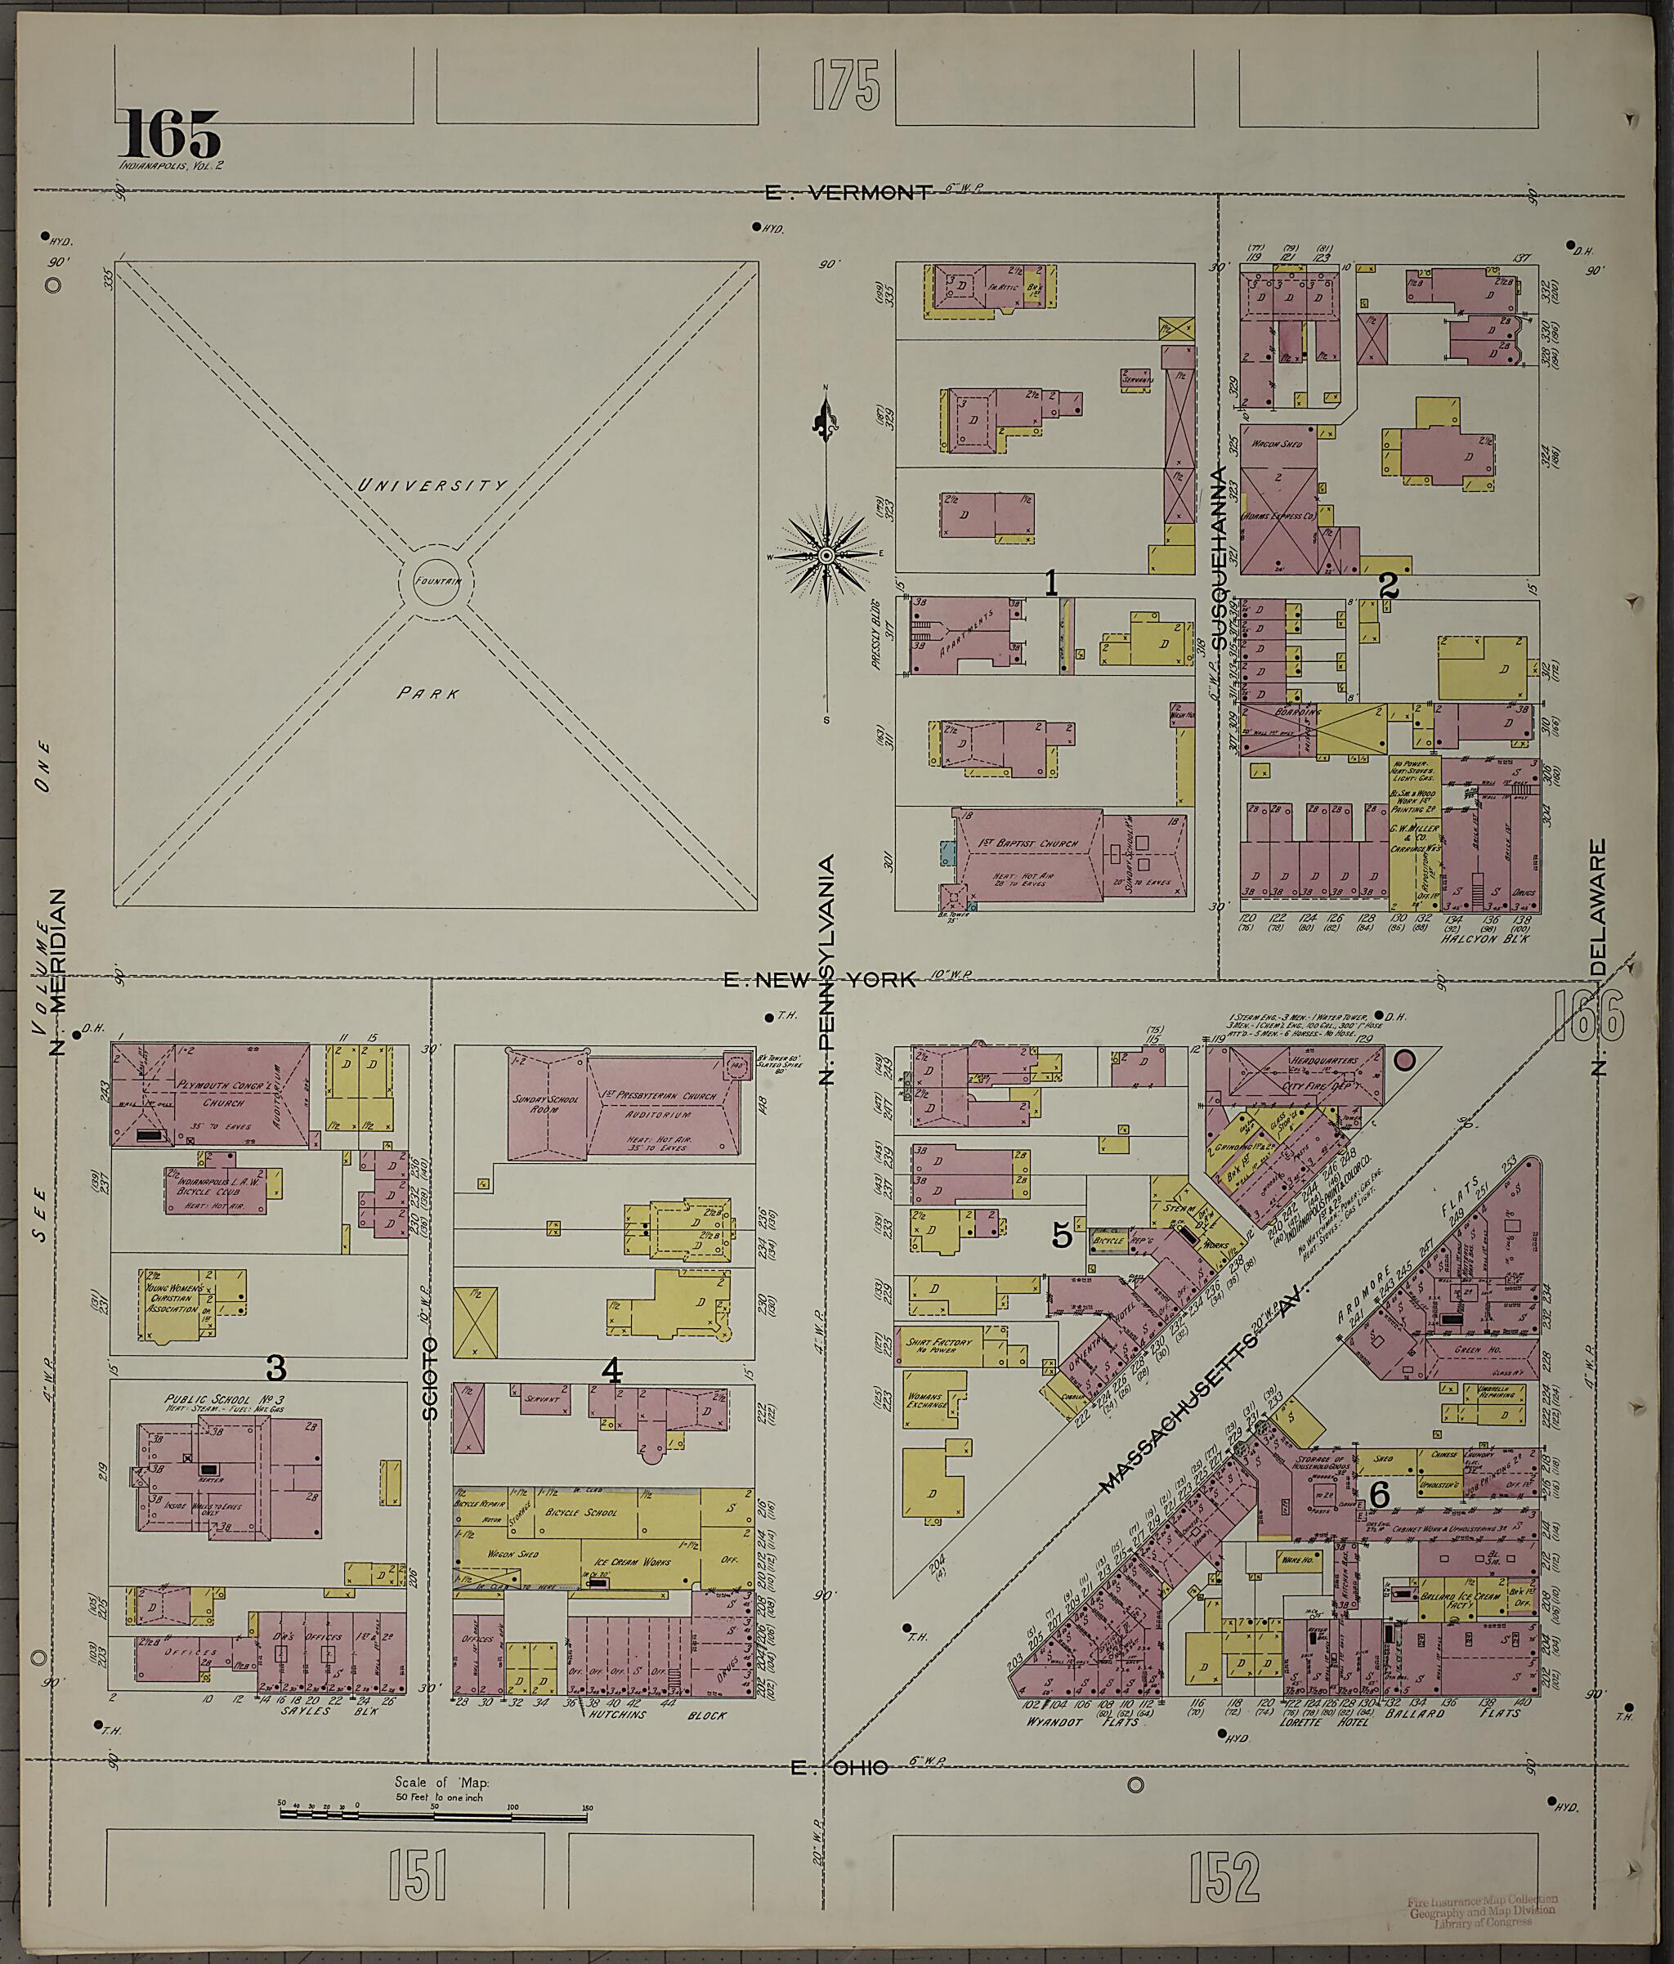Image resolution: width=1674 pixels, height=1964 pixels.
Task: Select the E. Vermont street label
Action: tap(848, 192)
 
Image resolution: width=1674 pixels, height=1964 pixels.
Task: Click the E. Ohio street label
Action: tap(839, 1767)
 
